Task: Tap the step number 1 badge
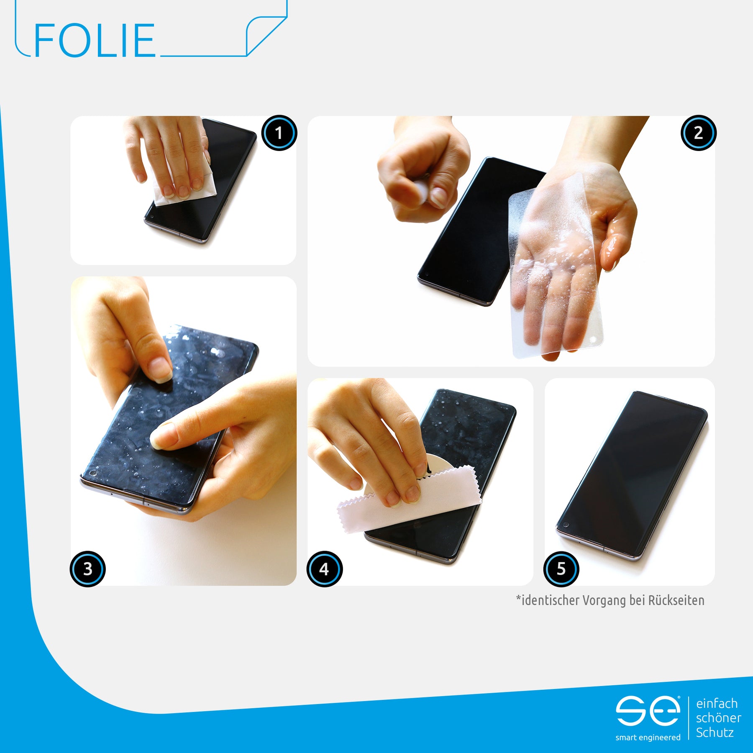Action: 279,133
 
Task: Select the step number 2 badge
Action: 699,133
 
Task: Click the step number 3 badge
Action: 87,569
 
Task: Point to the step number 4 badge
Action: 324,569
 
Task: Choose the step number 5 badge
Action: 561,569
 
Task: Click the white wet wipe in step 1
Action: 184,184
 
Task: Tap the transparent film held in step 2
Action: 556,268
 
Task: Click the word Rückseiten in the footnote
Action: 676,600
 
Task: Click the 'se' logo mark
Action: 648,711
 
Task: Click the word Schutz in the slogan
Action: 715,733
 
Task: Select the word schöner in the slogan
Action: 719,718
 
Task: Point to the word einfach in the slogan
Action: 717,703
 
